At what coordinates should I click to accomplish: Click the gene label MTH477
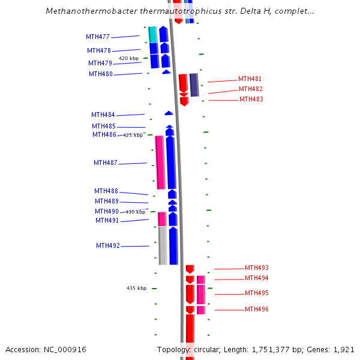pos(98,37)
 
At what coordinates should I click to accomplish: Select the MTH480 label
pos(101,74)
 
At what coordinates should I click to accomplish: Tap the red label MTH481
pos(250,79)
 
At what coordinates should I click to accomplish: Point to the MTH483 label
pos(251,99)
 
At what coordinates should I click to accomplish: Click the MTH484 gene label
pos(103,115)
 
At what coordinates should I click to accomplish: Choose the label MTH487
pos(106,163)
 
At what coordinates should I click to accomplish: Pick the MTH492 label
pos(108,245)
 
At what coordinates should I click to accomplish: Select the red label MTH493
pos(257,268)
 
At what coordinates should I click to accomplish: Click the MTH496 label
pos(257,309)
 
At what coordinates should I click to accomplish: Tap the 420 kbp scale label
pos(128,58)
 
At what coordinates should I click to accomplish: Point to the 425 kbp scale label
pos(133,135)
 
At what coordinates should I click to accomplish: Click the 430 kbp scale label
pos(135,212)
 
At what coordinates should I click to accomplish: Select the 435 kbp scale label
pos(136,288)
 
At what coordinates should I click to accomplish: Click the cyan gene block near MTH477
pos(152,34)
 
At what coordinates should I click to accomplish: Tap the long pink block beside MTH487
pos(160,162)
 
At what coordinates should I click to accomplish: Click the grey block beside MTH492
pos(163,245)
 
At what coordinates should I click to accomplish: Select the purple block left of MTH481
pos(194,85)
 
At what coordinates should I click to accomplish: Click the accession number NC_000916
pos(67,349)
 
